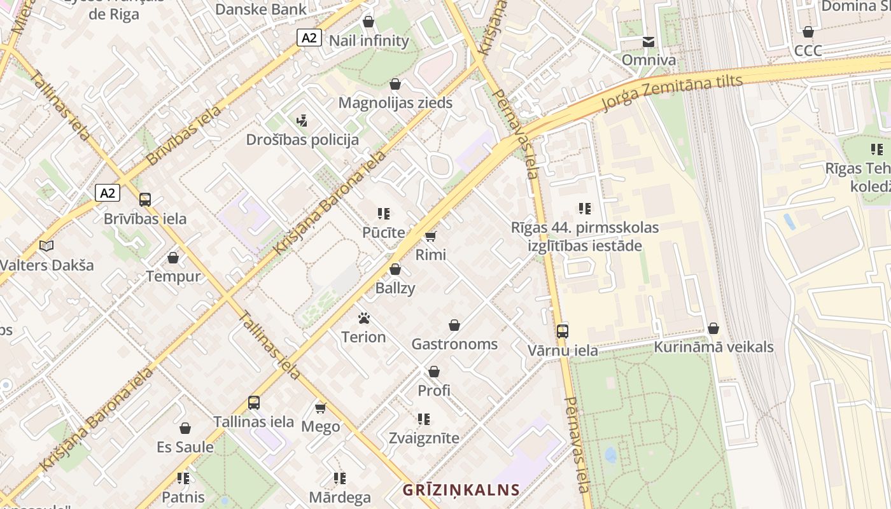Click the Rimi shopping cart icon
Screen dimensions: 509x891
tap(431, 237)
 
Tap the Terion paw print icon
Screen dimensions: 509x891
tap(364, 318)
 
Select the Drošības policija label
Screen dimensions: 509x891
tap(303, 139)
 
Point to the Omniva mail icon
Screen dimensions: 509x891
tap(649, 42)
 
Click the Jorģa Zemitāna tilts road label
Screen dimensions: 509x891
tap(672, 92)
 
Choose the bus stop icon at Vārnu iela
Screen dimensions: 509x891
tap(563, 331)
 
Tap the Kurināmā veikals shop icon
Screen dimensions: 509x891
tap(713, 328)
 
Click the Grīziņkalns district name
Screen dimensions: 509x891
tap(461, 490)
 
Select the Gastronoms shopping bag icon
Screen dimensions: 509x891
tap(454, 326)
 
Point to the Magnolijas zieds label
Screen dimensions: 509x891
tap(395, 102)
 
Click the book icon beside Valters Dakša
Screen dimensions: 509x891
tap(46, 246)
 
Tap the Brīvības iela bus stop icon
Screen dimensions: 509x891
tap(145, 199)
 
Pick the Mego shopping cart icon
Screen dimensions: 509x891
tap(320, 408)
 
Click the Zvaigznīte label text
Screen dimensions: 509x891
tap(424, 438)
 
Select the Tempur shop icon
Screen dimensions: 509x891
tap(173, 258)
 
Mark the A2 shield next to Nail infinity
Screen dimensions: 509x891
tap(309, 38)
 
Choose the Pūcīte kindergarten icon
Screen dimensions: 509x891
tap(383, 214)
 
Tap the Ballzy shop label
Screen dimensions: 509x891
tap(395, 288)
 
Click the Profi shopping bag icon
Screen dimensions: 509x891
tap(434, 372)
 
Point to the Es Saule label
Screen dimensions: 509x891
tap(185, 447)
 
